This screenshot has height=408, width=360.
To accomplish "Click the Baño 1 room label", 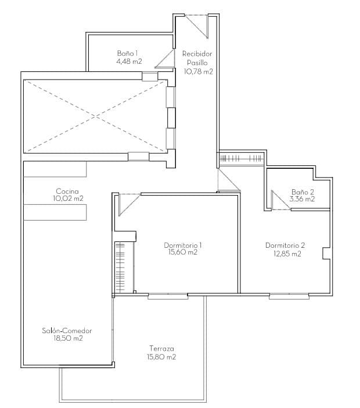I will coord(128,53).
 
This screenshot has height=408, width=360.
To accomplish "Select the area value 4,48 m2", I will coord(128,60).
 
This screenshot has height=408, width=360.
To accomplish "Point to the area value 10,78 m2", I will coord(198,72).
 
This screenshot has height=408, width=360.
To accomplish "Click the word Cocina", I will coord(67,191).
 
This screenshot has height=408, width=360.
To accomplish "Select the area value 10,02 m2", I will coord(67,198).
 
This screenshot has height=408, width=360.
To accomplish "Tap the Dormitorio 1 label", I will coord(183,245).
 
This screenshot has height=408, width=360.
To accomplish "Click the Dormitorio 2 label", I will coord(285,245).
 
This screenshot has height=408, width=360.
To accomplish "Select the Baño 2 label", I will coord(303,192).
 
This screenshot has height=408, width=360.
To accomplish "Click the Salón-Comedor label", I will coord(67,331).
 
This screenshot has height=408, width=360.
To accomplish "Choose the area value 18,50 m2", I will coord(67,338).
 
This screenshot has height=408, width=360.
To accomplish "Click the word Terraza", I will coord(161,349).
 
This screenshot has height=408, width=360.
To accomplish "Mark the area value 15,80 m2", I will coord(161,357).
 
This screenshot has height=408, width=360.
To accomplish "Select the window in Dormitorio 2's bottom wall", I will coord(289,296).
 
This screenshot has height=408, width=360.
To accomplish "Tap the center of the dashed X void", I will coord(94,116).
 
